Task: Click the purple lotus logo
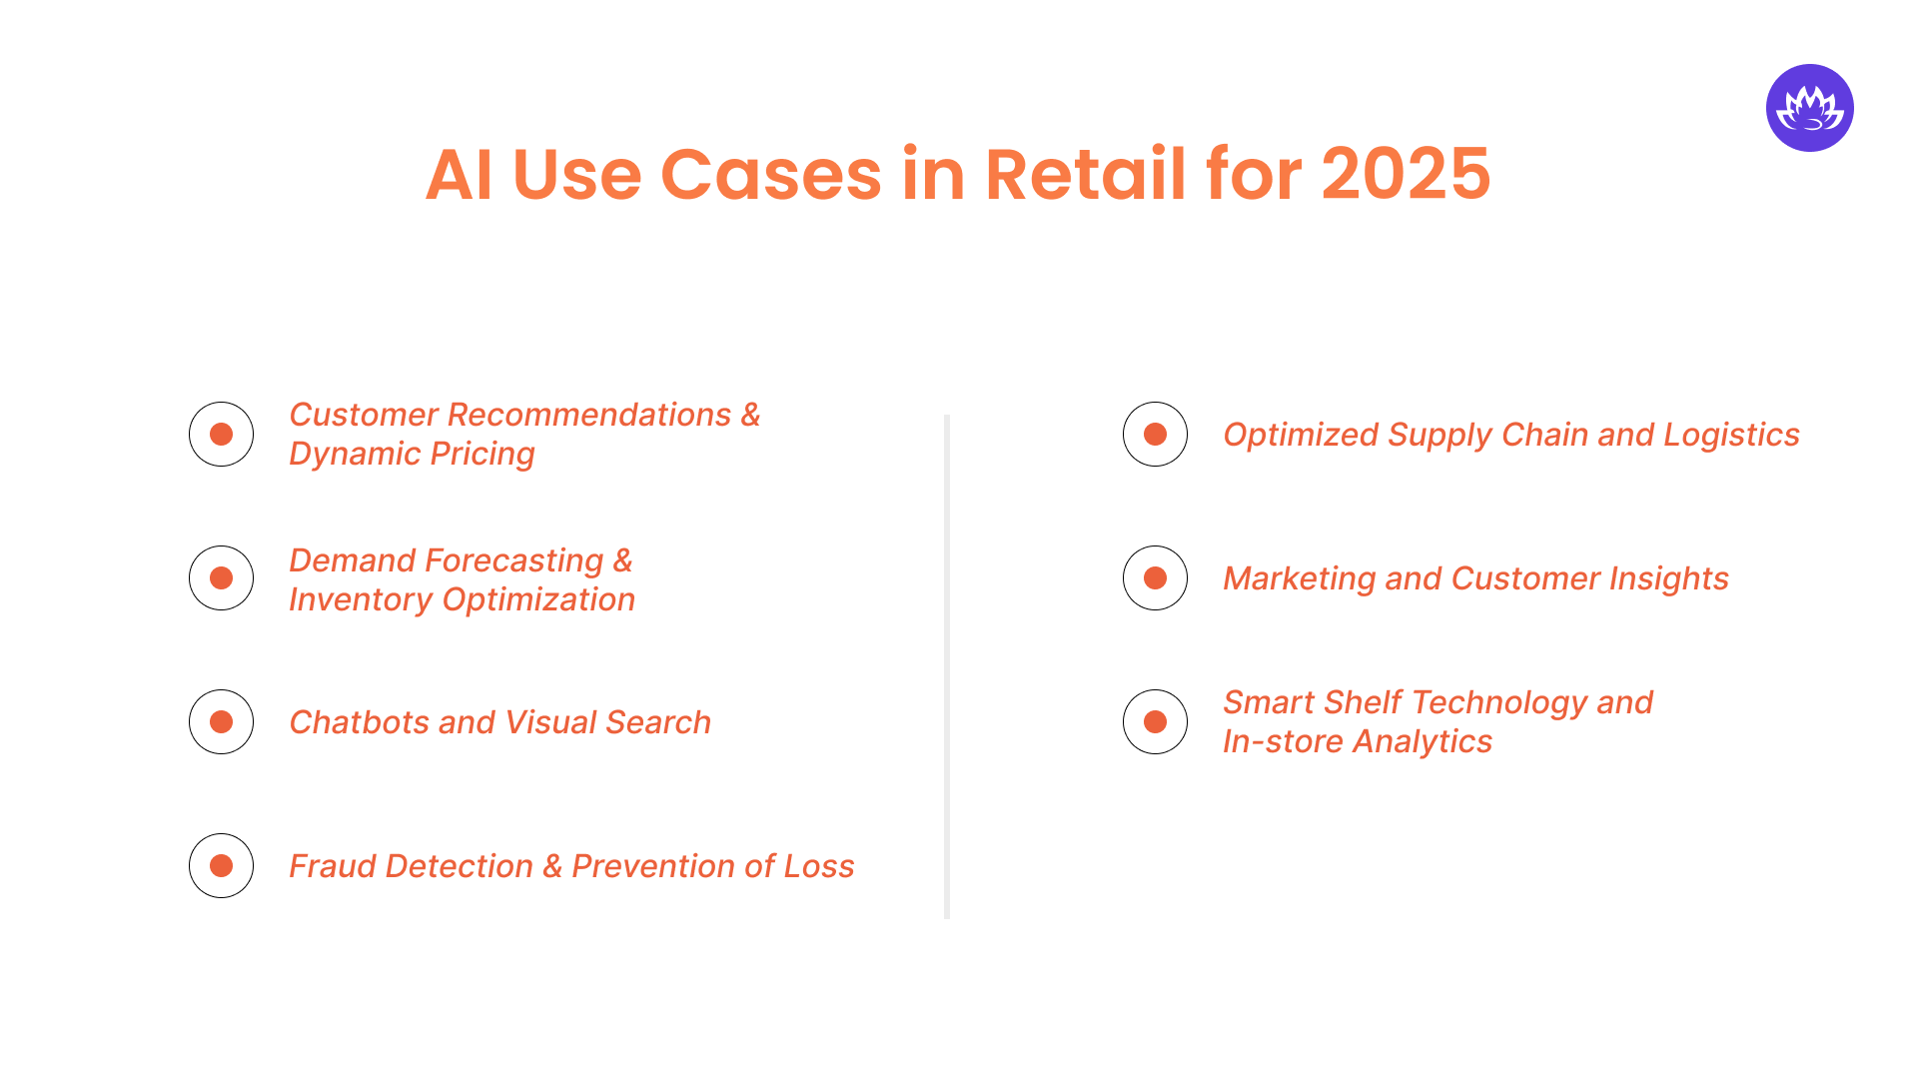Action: (1809, 108)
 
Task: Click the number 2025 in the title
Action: (1406, 175)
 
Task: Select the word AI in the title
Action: (459, 175)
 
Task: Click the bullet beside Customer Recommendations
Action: (221, 435)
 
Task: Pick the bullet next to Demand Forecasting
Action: (221, 578)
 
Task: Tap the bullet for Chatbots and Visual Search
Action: (221, 722)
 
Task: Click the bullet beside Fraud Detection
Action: (221, 866)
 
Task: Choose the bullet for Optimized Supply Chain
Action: (1155, 435)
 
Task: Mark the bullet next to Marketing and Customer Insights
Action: (1155, 578)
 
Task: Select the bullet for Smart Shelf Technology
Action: (1155, 722)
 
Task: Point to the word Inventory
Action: (360, 599)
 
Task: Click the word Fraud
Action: (333, 866)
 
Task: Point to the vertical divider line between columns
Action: (946, 666)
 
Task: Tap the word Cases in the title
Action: (770, 175)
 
